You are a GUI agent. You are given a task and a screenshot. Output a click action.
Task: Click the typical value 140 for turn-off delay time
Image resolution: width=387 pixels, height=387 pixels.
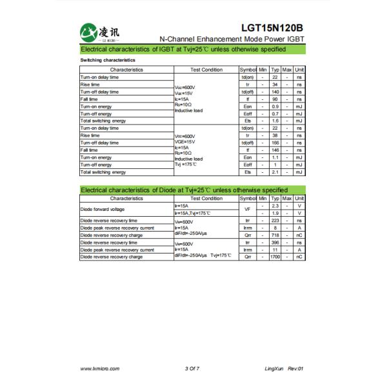coord(275,92)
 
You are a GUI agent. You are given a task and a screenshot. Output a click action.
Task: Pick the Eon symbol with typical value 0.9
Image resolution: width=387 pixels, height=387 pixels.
coord(247,106)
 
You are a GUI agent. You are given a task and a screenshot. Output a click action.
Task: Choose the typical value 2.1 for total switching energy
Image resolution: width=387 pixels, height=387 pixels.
coord(275,172)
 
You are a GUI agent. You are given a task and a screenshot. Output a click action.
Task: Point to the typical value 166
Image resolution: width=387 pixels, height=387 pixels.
coord(275,143)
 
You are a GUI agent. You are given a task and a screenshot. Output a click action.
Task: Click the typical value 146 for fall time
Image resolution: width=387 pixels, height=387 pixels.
coord(275,150)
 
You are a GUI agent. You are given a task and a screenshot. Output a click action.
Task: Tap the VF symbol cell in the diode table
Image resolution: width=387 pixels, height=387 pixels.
coord(247,209)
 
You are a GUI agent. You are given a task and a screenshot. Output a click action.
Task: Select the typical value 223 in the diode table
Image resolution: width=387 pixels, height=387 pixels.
coord(275,220)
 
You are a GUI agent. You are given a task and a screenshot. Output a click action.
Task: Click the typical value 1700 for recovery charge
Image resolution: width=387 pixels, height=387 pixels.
coord(275,257)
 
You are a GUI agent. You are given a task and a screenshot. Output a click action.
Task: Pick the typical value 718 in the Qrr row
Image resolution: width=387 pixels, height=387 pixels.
coord(275,235)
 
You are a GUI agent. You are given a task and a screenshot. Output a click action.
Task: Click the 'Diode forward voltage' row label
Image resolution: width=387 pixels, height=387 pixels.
coord(102,209)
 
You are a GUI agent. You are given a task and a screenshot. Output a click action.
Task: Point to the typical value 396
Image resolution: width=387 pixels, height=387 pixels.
coord(275,243)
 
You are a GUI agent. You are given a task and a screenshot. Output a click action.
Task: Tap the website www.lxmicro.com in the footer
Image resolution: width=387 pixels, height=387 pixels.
coord(98,368)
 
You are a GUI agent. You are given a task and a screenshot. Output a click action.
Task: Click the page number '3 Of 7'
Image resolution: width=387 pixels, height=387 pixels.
coord(192,368)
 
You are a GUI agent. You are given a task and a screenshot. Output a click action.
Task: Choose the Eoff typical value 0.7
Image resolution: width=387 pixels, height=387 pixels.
coord(275,114)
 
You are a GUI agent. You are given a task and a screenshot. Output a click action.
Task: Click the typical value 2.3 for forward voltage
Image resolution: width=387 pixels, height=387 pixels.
coord(275,206)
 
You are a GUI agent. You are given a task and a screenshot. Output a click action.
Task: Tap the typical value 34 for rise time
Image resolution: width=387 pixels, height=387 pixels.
coord(275,84)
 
